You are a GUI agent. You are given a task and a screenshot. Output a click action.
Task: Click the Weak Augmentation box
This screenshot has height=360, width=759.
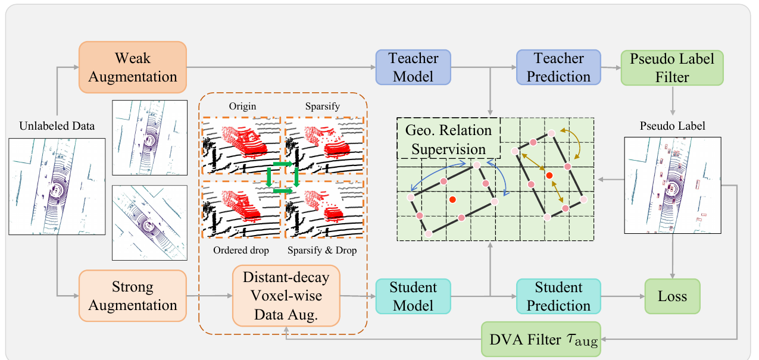133,67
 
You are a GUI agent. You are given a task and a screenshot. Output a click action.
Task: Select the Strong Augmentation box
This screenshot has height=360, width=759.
133,296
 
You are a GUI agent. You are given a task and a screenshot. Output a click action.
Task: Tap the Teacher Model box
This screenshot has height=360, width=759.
413,67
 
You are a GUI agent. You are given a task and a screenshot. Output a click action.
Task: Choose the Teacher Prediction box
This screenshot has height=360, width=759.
558,67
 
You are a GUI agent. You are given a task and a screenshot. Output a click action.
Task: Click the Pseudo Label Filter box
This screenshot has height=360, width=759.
672,68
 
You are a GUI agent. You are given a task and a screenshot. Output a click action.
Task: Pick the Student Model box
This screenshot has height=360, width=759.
413,296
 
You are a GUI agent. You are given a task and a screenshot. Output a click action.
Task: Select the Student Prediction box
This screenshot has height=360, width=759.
558,296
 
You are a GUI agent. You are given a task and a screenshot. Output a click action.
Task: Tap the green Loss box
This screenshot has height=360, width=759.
672,296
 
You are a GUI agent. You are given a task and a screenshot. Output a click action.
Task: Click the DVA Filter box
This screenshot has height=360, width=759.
541,339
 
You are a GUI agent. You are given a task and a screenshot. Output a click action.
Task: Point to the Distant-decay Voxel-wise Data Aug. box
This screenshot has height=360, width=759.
286,296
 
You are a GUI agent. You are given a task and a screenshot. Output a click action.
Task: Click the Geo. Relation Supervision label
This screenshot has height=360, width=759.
448,139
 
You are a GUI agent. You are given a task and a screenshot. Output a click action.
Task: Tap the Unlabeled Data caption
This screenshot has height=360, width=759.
57,126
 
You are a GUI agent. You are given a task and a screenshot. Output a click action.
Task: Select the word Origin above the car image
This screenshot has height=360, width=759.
242,107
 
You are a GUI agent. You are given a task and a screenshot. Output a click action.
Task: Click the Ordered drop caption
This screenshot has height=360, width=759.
241,251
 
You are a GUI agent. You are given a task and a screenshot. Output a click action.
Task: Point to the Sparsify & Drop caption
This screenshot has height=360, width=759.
322,251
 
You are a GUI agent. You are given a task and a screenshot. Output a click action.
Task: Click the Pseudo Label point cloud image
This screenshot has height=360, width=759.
673,185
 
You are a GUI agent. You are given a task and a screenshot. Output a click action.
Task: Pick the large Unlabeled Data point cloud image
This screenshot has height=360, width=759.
57,186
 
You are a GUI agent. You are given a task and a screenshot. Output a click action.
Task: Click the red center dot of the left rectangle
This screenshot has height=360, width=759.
452,199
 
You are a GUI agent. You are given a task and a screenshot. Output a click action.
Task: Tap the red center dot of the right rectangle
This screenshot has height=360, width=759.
549,176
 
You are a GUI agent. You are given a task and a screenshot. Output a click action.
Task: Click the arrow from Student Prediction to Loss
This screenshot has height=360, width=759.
623,296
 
